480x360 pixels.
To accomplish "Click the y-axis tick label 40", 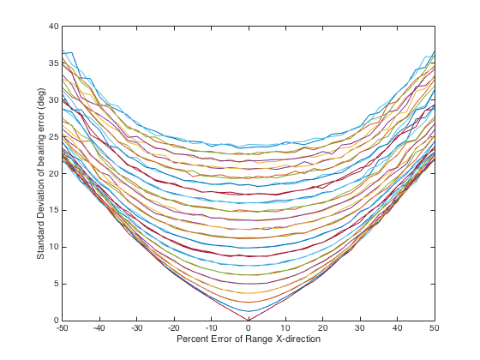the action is coord(53,27).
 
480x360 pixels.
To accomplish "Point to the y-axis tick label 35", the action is coord(53,63).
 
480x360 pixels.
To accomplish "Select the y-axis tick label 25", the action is coord(53,136).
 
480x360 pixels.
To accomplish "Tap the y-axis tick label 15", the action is coord(53,210).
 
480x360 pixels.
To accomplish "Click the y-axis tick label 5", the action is coord(56,284).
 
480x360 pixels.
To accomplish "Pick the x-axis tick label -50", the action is coord(62,328).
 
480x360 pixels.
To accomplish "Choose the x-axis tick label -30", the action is coord(136,328).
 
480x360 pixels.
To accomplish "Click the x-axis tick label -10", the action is coord(211,328).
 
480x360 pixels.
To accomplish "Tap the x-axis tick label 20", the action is coord(323,328).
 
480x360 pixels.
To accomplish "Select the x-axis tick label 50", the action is coord(435,328).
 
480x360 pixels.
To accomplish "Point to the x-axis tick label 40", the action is coord(398,328).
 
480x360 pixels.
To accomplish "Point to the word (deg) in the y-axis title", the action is coord(41,97).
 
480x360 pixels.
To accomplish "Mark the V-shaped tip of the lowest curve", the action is coord(249,321).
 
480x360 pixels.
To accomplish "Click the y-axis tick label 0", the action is coord(56,321).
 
